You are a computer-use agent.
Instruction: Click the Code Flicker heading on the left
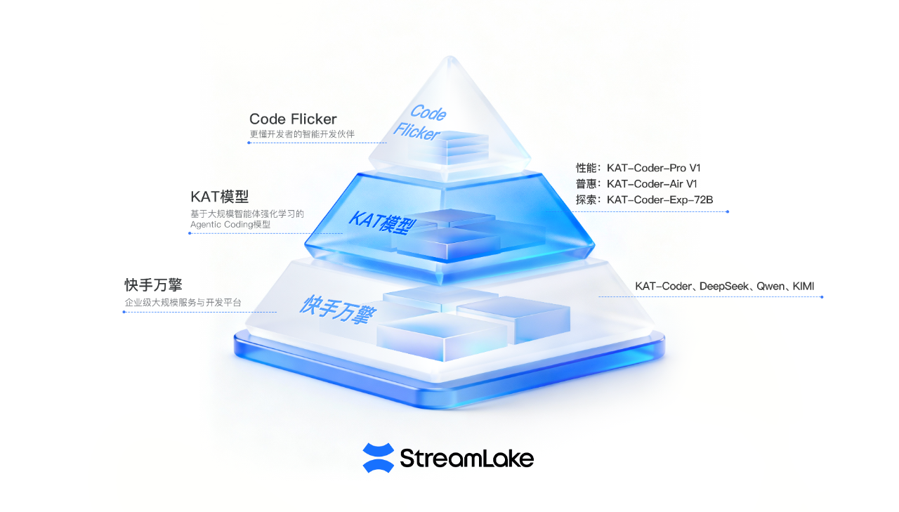tap(293, 119)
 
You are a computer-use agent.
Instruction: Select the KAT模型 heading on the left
tap(219, 197)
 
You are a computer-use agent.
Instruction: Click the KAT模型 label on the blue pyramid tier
tap(383, 223)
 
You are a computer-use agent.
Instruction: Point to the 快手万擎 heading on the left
tap(153, 285)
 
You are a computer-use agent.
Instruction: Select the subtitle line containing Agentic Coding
tap(230, 225)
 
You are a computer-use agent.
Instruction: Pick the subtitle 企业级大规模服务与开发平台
tap(183, 303)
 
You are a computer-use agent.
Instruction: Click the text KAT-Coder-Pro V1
tap(653, 169)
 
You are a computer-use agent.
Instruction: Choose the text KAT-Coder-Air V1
tap(651, 184)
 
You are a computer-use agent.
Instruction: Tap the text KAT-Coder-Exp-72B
tap(660, 200)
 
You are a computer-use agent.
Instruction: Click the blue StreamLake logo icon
tap(378, 458)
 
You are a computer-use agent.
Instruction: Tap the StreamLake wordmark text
tap(466, 459)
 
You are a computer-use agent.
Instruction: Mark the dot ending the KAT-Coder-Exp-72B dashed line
tap(728, 211)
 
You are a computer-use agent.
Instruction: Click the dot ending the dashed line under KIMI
tap(822, 297)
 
